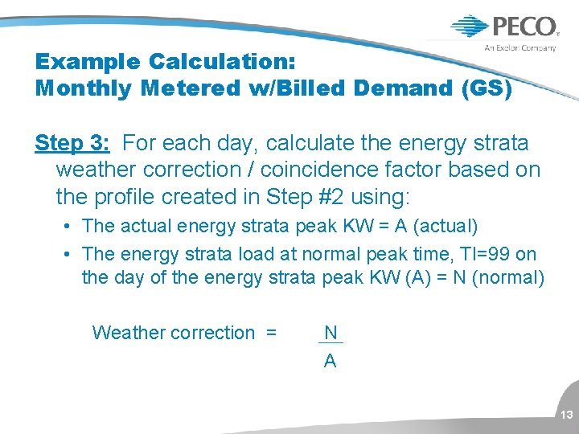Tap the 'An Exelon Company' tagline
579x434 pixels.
tap(520, 48)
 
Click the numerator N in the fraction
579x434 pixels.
tap(331, 333)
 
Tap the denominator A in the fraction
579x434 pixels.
tap(330, 362)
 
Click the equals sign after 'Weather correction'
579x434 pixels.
tap(271, 333)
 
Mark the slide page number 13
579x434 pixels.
tap(566, 416)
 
